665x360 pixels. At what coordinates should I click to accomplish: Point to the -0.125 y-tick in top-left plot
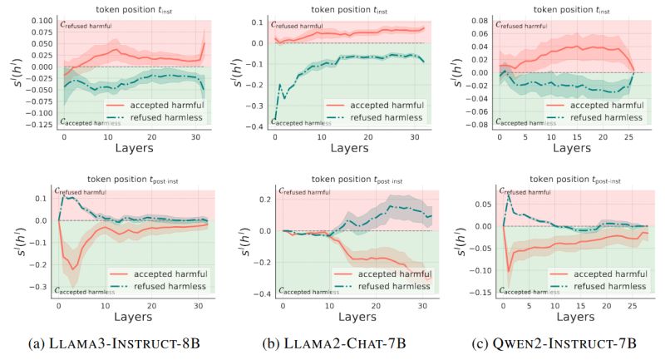click(x=38, y=124)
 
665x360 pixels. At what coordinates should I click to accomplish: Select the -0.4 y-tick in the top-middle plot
click(x=260, y=126)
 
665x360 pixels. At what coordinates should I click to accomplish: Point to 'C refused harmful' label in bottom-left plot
click(x=88, y=193)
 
